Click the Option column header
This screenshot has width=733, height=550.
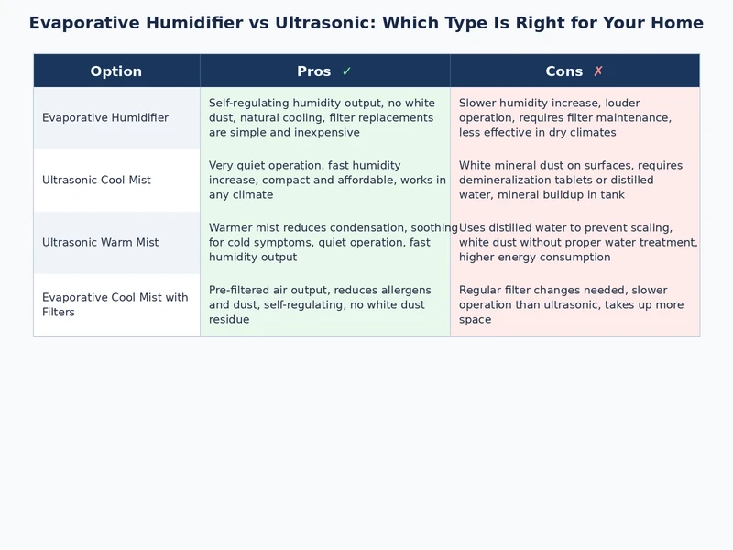pos(115,71)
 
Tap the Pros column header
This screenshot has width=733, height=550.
pos(314,71)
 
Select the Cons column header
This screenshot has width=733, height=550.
pos(563,71)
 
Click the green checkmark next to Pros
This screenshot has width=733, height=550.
pos(346,71)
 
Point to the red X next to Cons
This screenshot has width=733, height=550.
pos(598,71)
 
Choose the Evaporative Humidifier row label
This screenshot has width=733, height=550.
pos(105,118)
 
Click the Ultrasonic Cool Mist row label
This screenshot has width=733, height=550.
pos(96,181)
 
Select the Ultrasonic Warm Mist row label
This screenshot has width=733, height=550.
pos(100,243)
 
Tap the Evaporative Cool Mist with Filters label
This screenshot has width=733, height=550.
pos(115,305)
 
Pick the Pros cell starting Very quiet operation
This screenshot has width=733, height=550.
pos(325,181)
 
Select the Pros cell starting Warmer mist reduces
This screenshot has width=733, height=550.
pos(325,243)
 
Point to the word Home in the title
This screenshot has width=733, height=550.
pos(675,23)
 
